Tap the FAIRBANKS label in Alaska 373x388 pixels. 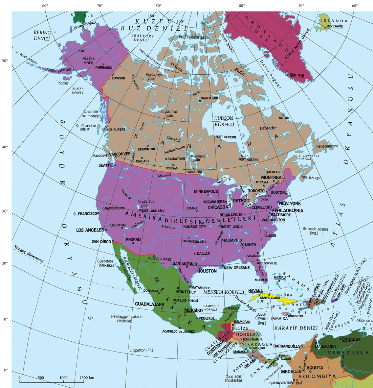click(x=104, y=68)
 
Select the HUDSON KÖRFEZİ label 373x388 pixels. click(x=224, y=121)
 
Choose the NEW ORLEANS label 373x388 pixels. click(x=237, y=268)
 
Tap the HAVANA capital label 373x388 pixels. click(x=256, y=291)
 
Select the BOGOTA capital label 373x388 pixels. click(x=315, y=368)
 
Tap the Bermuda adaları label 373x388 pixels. click(x=315, y=231)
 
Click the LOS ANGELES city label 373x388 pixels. click(x=90, y=230)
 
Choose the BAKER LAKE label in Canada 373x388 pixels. click(x=210, y=98)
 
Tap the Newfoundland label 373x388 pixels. click(x=327, y=146)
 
